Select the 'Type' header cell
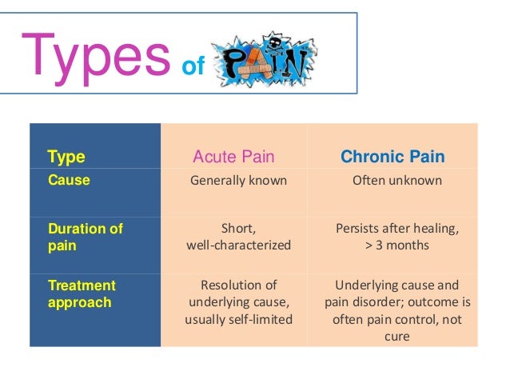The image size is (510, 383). click(66, 157)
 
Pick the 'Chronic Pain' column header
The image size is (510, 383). click(392, 157)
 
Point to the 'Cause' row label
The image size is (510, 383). click(69, 181)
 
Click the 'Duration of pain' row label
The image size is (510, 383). click(86, 237)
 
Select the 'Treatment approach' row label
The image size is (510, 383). click(82, 293)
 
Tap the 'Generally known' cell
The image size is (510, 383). click(238, 181)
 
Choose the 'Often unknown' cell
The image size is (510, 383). click(397, 181)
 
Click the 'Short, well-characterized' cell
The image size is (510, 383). click(238, 237)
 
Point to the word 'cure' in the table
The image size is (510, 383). click(397, 337)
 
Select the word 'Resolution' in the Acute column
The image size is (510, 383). click(229, 285)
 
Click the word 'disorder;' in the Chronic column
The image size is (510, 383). click(378, 302)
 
